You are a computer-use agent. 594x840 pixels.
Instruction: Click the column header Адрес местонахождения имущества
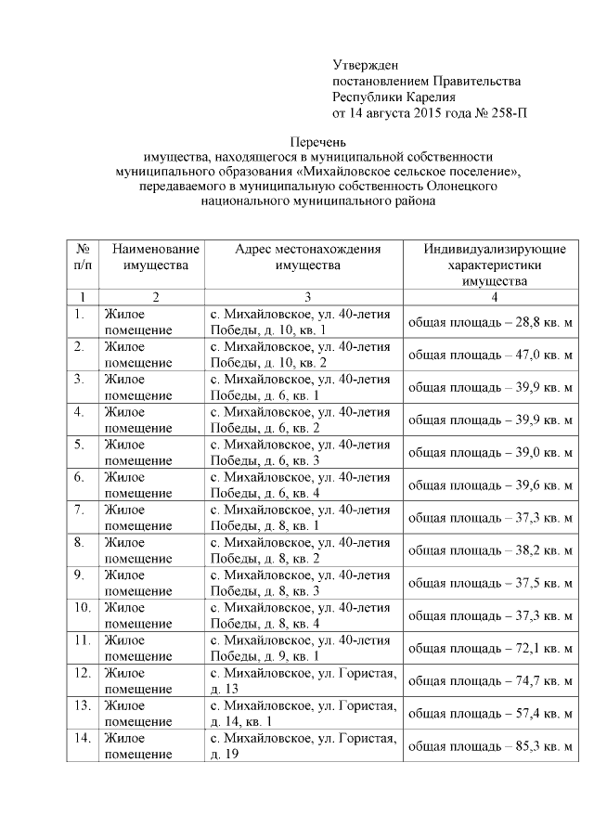click(x=307, y=257)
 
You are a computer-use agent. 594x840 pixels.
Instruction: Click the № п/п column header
click(x=83, y=257)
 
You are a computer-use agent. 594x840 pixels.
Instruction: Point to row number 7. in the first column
click(x=80, y=510)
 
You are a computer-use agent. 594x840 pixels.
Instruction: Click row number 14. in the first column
click(x=82, y=737)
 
